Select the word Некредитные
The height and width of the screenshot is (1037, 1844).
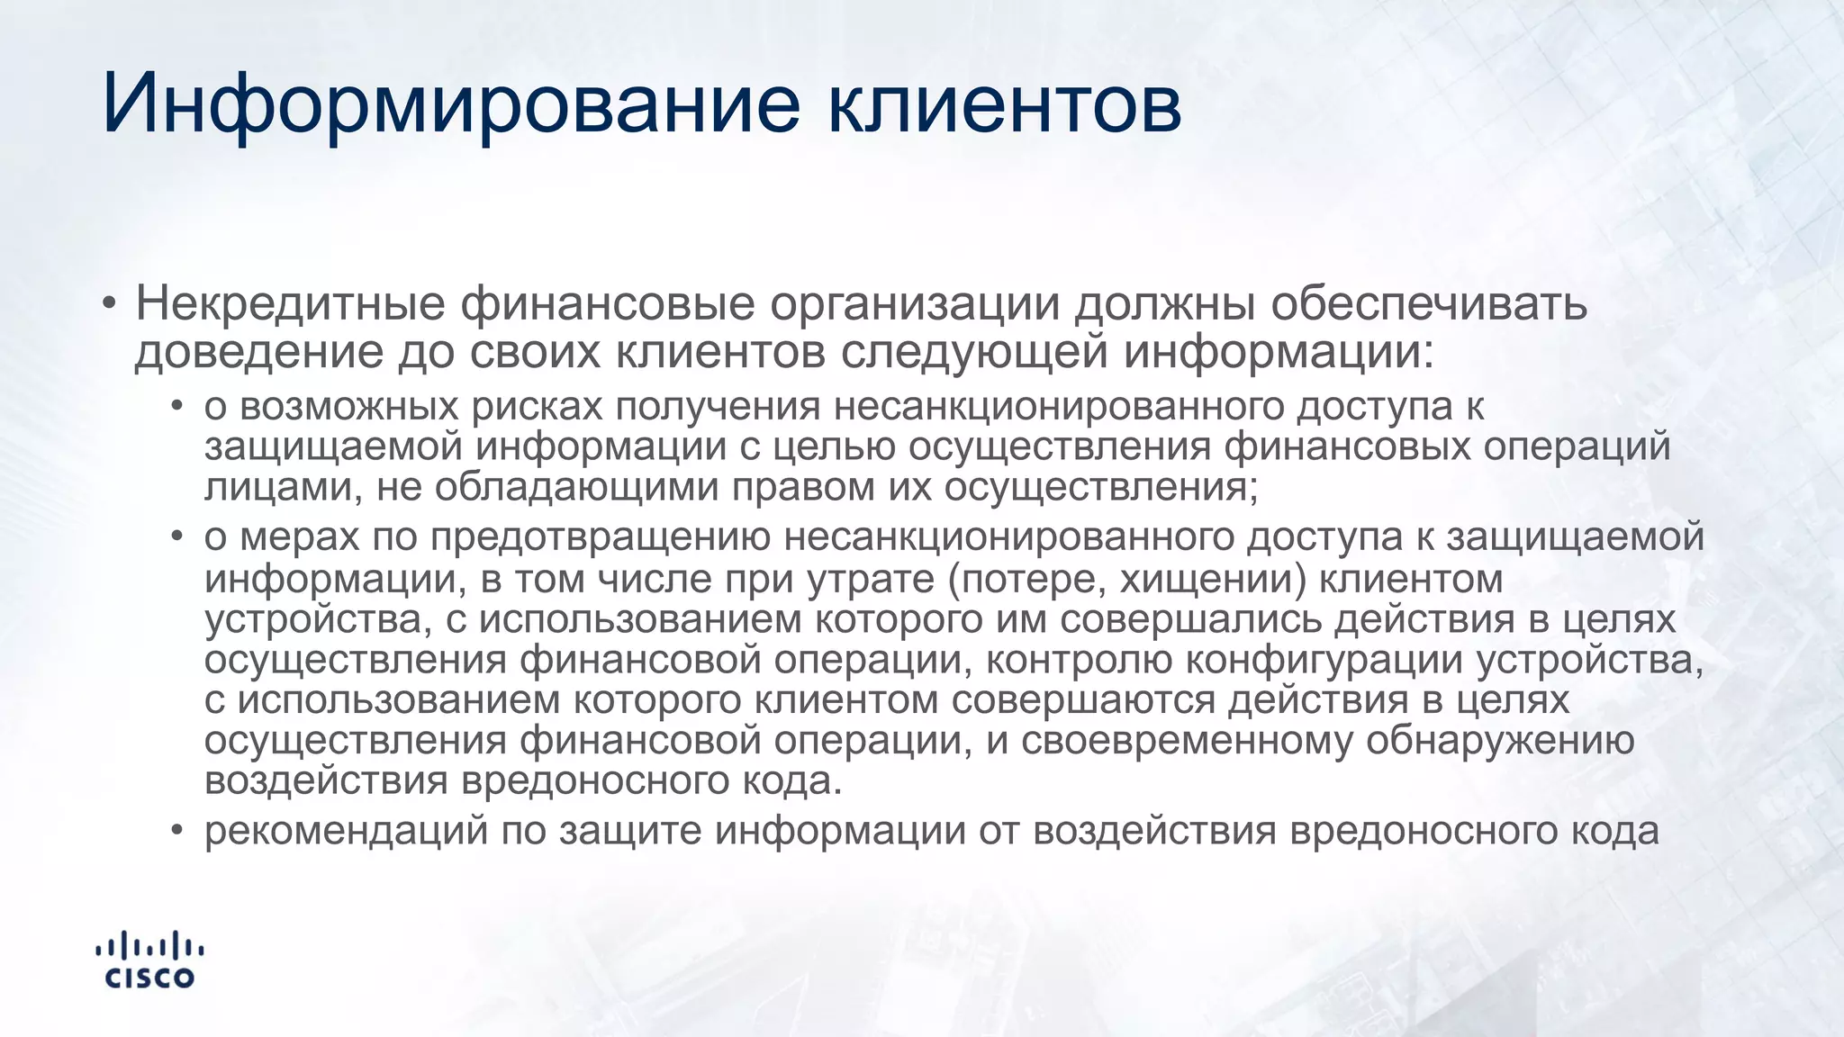[x=290, y=304]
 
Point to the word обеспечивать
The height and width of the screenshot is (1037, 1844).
[x=1429, y=304]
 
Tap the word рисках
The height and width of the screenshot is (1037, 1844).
[x=537, y=406]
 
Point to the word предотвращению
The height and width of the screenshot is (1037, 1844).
[x=601, y=537]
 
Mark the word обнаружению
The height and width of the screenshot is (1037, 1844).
[x=1500, y=740]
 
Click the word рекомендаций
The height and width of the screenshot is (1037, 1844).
[x=346, y=830]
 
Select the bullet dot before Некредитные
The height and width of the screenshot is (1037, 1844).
[x=109, y=303]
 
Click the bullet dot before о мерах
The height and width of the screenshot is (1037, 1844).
[x=177, y=537]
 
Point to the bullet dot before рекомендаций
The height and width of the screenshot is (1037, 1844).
[x=177, y=830]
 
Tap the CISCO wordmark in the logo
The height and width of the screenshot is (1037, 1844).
[x=149, y=978]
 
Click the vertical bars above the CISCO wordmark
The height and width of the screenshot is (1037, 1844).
[x=149, y=946]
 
